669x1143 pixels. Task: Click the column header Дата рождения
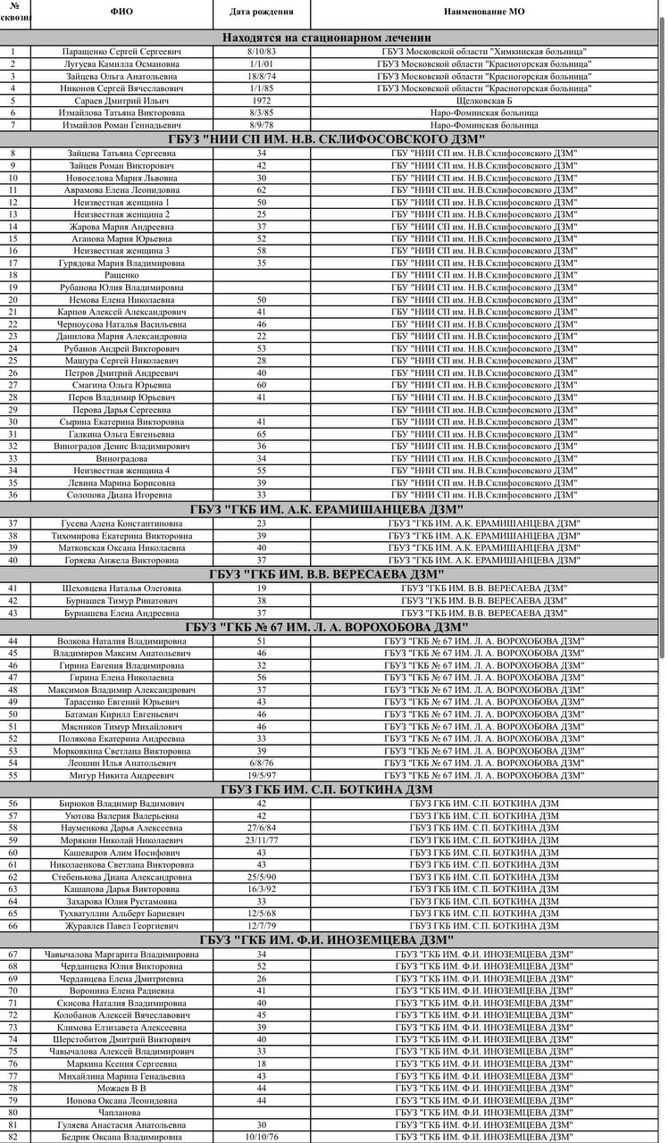[x=261, y=12]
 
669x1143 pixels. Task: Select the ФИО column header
[x=121, y=12]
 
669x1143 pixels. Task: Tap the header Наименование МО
[x=483, y=12]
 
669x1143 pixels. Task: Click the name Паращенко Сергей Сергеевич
[x=121, y=52]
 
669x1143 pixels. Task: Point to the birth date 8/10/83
[x=262, y=52]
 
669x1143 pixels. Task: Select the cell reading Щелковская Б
[x=484, y=101]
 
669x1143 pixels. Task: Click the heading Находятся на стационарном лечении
[x=327, y=38]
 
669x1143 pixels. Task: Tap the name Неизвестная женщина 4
[x=121, y=471]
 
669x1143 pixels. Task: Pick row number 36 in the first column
[x=13, y=495]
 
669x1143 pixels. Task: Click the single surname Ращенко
[x=121, y=275]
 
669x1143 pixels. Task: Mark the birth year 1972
[x=262, y=101]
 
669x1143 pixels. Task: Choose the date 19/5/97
[x=262, y=775]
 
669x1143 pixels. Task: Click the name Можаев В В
[x=121, y=1088]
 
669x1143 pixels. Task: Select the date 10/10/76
[x=262, y=1137]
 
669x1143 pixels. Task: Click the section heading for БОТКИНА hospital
[x=327, y=789]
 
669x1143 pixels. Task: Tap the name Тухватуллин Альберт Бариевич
[x=122, y=914]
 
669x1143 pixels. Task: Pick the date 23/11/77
[x=262, y=840]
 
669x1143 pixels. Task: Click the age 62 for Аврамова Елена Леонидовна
[x=262, y=190]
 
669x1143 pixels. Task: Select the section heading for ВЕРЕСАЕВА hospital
[x=327, y=574]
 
